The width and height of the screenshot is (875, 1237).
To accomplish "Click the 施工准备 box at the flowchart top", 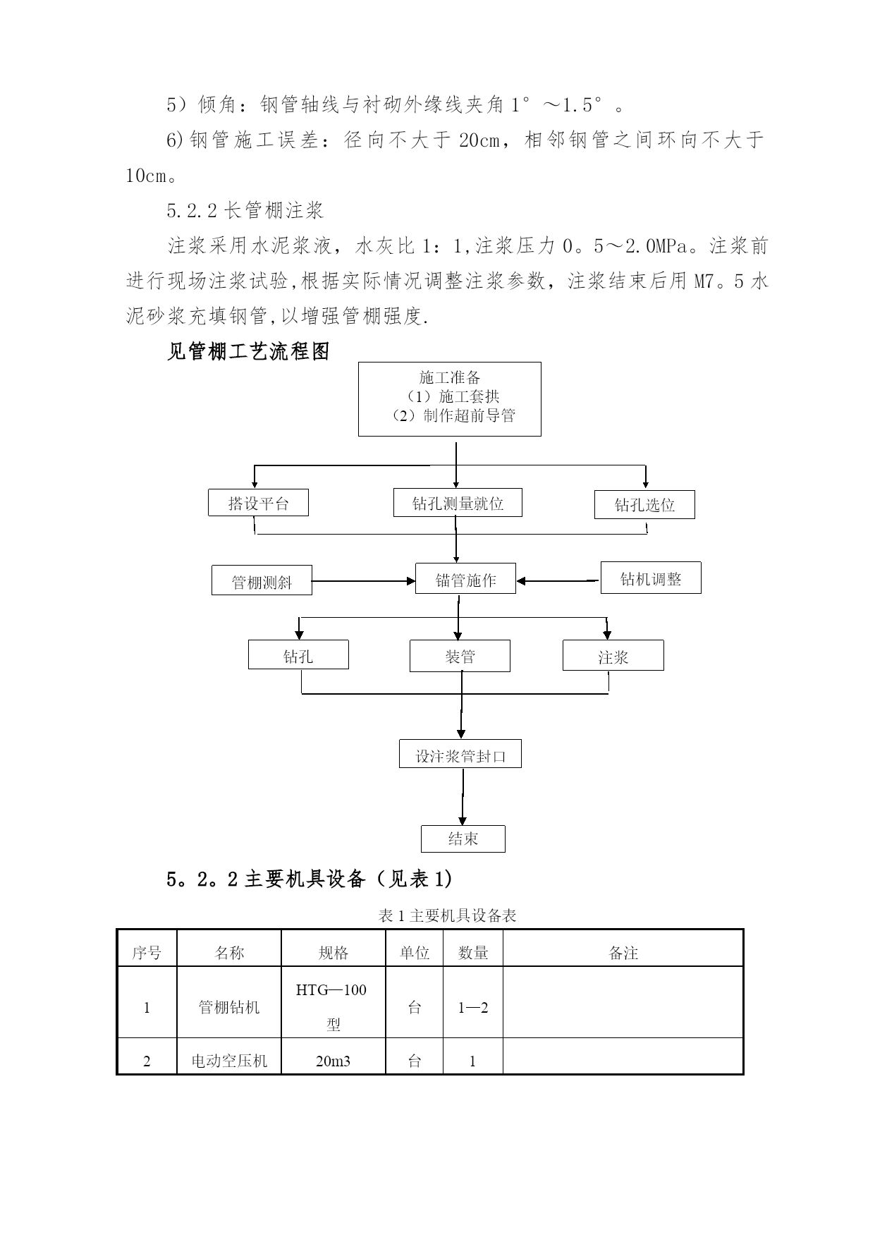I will tap(449, 398).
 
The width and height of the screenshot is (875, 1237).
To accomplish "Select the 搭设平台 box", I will tap(258, 504).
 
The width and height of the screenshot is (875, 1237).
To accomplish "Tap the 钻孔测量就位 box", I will tap(458, 503).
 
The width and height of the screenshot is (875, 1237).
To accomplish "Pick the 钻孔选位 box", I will tap(644, 505).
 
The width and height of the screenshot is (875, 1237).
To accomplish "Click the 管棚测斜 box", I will tap(262, 582).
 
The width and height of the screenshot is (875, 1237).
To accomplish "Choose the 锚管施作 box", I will tap(465, 580).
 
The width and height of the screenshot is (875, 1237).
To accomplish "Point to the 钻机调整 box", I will tap(650, 578).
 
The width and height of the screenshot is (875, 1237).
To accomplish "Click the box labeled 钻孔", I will tap(298, 656).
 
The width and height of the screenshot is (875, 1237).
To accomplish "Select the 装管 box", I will tap(460, 657).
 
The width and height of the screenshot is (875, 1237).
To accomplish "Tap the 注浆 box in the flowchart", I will tap(613, 657).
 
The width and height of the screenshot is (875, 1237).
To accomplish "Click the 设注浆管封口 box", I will tap(460, 755).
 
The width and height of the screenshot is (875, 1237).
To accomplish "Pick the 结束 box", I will tap(463, 839).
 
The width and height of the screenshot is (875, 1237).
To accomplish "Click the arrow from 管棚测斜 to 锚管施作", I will tap(363, 581).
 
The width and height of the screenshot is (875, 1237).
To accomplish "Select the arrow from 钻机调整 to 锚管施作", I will tap(558, 581).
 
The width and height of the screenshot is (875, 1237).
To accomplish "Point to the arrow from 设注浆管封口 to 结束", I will tap(463, 797).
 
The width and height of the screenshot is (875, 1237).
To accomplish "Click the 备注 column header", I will tap(623, 953).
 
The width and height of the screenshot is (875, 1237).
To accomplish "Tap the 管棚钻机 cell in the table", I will tap(228, 1007).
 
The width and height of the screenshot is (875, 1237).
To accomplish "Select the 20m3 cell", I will tap(333, 1061).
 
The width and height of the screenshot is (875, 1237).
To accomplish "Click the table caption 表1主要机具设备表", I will tap(447, 915).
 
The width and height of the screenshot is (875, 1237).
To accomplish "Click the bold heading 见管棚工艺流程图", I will tap(248, 351).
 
